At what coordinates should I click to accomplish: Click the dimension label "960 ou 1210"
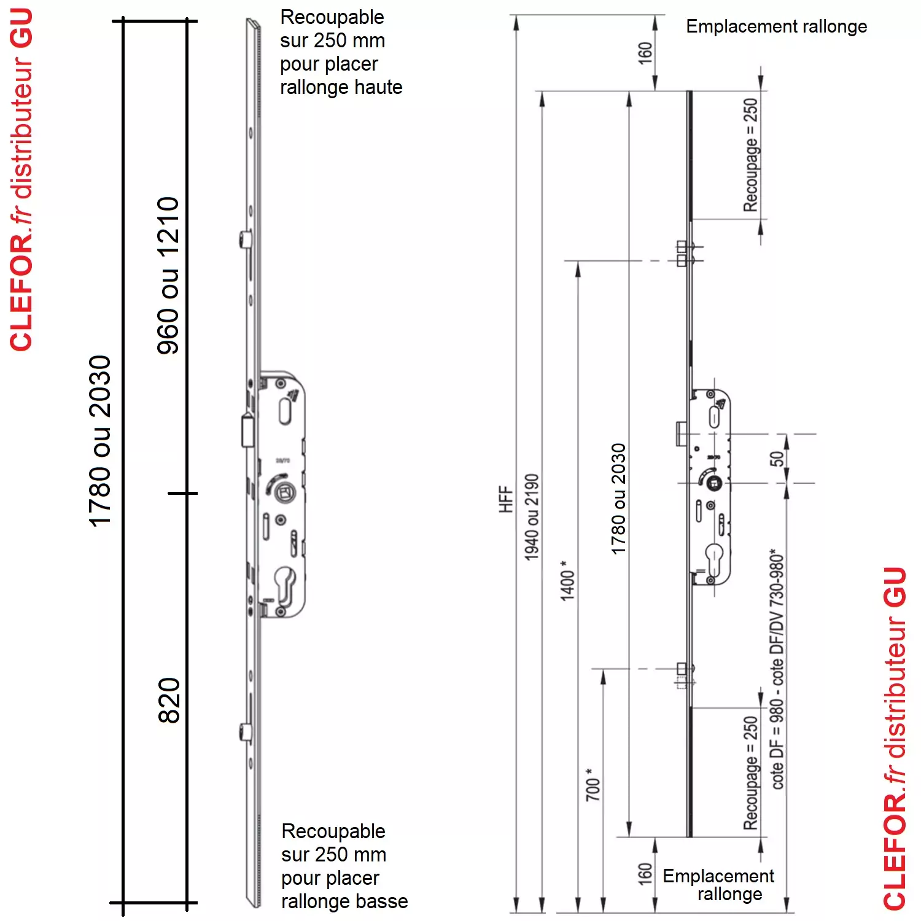168,276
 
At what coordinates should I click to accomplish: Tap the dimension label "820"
169,701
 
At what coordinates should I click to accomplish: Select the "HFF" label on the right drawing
505,499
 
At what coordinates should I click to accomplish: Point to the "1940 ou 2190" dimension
532,517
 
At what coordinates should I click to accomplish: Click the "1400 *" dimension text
567,580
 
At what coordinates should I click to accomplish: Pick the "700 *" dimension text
593,784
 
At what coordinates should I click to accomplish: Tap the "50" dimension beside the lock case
777,458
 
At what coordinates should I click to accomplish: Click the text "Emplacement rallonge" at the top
777,26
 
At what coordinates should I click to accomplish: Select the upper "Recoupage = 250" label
750,155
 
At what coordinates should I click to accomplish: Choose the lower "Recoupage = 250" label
750,772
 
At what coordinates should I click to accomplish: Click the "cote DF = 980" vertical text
777,743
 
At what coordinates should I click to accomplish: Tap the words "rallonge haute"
341,88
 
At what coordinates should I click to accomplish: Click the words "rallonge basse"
344,901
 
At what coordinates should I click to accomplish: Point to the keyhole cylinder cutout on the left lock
285,586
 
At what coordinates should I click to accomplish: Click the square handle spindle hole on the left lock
284,491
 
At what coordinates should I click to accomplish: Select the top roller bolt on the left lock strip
245,238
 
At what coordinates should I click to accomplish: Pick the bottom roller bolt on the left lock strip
245,732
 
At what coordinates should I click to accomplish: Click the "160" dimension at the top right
645,53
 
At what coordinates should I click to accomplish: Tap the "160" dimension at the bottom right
645,874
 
